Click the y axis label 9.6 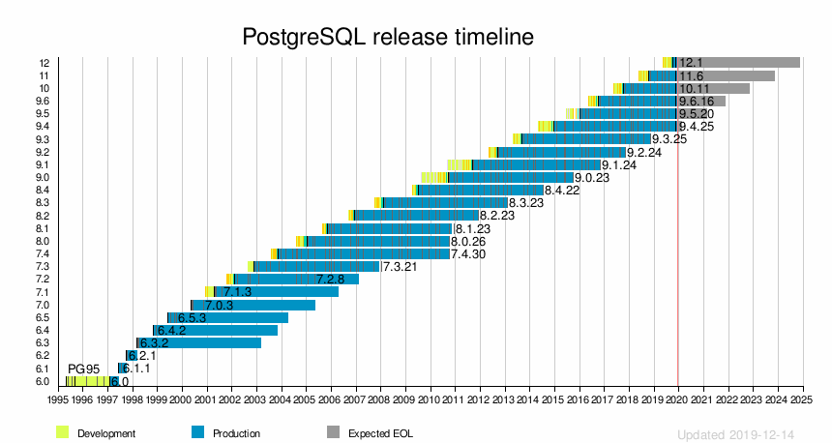[43, 101]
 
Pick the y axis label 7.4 [43, 253]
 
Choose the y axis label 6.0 [43, 381]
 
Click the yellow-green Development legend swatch [63, 432]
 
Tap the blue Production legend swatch [198, 432]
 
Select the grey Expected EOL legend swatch [334, 432]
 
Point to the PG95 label [83, 369]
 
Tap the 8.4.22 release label [561, 191]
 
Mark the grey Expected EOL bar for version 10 [726, 88]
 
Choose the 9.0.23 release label [591, 177]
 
